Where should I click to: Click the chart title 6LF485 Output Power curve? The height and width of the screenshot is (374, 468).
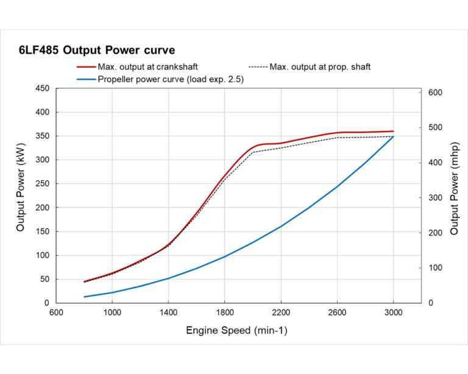[x=97, y=50]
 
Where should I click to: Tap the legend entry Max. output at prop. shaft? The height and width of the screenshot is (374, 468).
[x=319, y=66]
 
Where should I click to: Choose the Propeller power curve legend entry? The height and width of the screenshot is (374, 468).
[x=171, y=79]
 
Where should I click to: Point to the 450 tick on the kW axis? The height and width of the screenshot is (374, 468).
[x=42, y=88]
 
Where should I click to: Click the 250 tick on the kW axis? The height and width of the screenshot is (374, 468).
[x=42, y=184]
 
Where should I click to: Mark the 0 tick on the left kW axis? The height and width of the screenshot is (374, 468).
[x=46, y=303]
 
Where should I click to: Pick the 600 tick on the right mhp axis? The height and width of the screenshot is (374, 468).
[x=434, y=92]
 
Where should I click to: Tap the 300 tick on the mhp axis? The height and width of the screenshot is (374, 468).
[x=434, y=197]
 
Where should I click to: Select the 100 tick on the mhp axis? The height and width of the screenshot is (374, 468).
[x=434, y=268]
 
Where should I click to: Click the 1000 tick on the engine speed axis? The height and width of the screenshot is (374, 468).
[x=112, y=312]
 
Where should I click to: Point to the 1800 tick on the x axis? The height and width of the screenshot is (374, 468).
[x=224, y=312]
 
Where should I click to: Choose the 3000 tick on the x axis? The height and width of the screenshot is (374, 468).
[x=393, y=312]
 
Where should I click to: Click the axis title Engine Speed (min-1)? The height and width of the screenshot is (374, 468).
[x=236, y=331]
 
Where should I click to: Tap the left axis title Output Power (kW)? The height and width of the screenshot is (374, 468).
[x=21, y=195]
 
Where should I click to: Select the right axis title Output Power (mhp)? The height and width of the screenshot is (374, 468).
[x=454, y=195]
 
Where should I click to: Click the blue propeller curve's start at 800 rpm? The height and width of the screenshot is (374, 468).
[x=84, y=297]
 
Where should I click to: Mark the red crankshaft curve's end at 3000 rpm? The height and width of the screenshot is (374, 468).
[x=393, y=131]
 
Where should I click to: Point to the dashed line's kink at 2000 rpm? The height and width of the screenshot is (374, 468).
[x=253, y=152]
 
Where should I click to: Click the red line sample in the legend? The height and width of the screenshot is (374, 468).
[x=85, y=66]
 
